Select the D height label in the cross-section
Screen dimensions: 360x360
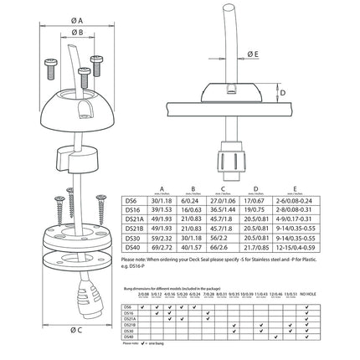point(283,92)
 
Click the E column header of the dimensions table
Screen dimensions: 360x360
point(322,188)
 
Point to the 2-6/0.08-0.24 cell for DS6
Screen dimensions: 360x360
point(322,199)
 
